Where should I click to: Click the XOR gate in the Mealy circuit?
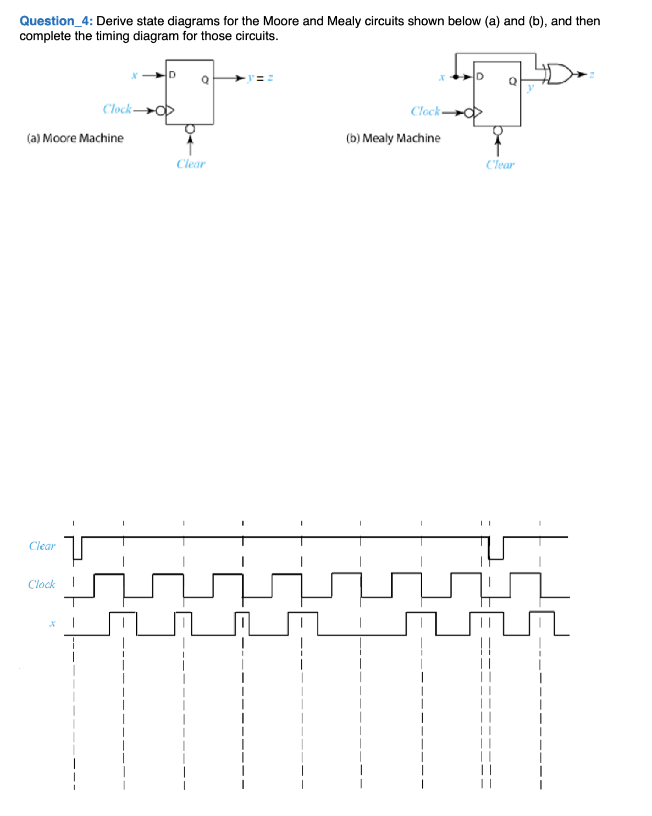click(557, 74)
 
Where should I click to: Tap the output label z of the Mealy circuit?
click(592, 74)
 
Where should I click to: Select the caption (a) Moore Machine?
click(75, 138)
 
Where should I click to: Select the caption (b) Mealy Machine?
click(393, 138)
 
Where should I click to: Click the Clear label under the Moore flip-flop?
click(191, 164)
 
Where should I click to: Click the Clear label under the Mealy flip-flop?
click(500, 165)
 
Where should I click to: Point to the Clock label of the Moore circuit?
click(117, 109)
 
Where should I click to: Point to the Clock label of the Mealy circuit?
click(426, 111)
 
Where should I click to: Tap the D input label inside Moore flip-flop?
click(172, 75)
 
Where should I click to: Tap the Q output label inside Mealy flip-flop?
click(512, 81)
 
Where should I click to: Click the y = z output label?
click(259, 78)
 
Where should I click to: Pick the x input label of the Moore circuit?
click(134, 75)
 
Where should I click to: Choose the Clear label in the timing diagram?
click(42, 546)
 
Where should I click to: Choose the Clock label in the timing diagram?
click(42, 584)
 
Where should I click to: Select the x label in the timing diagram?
click(52, 623)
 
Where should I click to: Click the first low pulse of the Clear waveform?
click(78, 549)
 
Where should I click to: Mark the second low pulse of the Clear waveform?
click(496, 549)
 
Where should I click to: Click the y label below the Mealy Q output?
click(530, 87)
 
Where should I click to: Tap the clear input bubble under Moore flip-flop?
click(190, 129)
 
